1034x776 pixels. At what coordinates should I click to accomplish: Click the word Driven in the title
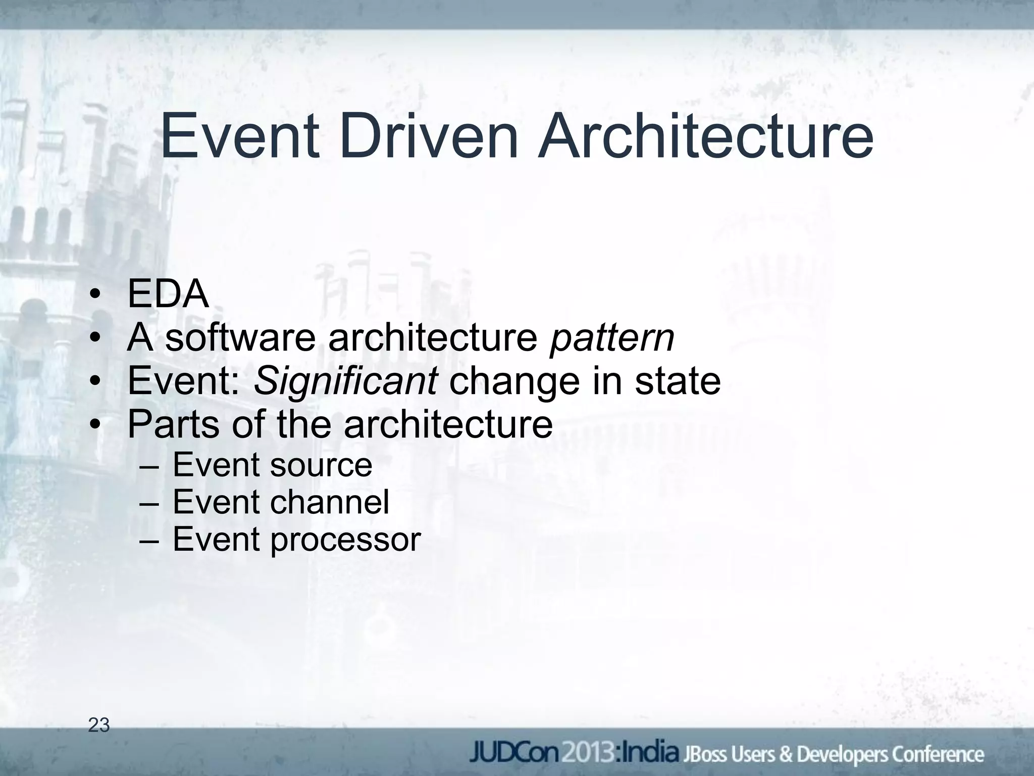click(x=429, y=136)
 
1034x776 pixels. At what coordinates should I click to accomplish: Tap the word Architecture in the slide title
click(x=705, y=136)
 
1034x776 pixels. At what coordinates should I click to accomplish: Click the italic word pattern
click(x=612, y=338)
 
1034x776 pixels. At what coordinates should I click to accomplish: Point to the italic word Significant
click(x=345, y=381)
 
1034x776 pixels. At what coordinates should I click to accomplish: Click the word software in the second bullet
click(x=240, y=338)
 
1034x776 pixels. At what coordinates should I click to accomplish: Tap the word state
click(x=678, y=381)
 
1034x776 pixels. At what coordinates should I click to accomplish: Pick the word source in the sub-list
click(x=321, y=465)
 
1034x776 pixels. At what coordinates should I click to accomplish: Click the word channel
click(x=330, y=502)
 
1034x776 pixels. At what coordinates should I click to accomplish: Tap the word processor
click(x=345, y=540)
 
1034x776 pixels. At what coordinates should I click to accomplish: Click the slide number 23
click(x=99, y=725)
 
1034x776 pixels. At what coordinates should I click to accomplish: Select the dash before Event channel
click(x=150, y=503)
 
